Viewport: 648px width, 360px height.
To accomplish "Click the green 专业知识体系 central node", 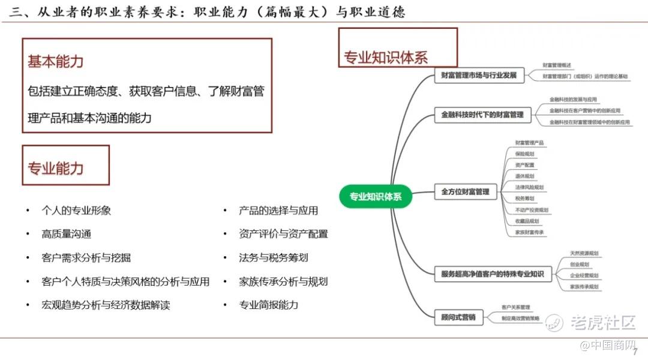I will pos(376,196).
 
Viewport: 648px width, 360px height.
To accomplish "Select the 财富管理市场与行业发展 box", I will pos(479,76).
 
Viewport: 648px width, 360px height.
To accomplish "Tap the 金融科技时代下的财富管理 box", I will pos(482,115).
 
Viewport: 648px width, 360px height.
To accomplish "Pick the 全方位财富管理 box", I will pos(466,192).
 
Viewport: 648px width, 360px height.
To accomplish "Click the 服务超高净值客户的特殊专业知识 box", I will pos(493,274).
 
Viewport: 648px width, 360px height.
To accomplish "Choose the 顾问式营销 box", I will pos(458,316).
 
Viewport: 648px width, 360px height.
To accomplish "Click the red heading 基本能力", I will pos(56,62).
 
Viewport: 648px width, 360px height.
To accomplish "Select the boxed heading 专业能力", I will pos(56,169).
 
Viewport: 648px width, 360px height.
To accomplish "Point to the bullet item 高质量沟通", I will pos(67,234).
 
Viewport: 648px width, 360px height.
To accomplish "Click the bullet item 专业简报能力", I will pos(268,305).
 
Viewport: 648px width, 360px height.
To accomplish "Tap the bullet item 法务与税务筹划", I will pos(273,258).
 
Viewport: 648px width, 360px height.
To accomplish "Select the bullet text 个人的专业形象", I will pos(76,211).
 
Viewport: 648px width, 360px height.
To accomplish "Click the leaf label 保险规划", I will pos(524,154).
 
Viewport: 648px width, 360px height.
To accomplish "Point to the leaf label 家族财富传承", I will pos(529,232).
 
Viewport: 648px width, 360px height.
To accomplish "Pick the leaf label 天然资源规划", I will pos(584,253).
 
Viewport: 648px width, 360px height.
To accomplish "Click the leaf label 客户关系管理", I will pos(515,307).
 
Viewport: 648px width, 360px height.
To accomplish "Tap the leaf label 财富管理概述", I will pos(556,65).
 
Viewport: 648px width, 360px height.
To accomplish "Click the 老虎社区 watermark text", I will pos(602,322).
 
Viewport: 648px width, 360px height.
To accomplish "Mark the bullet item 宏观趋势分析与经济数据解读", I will pos(106,305).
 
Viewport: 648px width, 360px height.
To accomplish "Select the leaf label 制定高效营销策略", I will pos(520,319).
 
